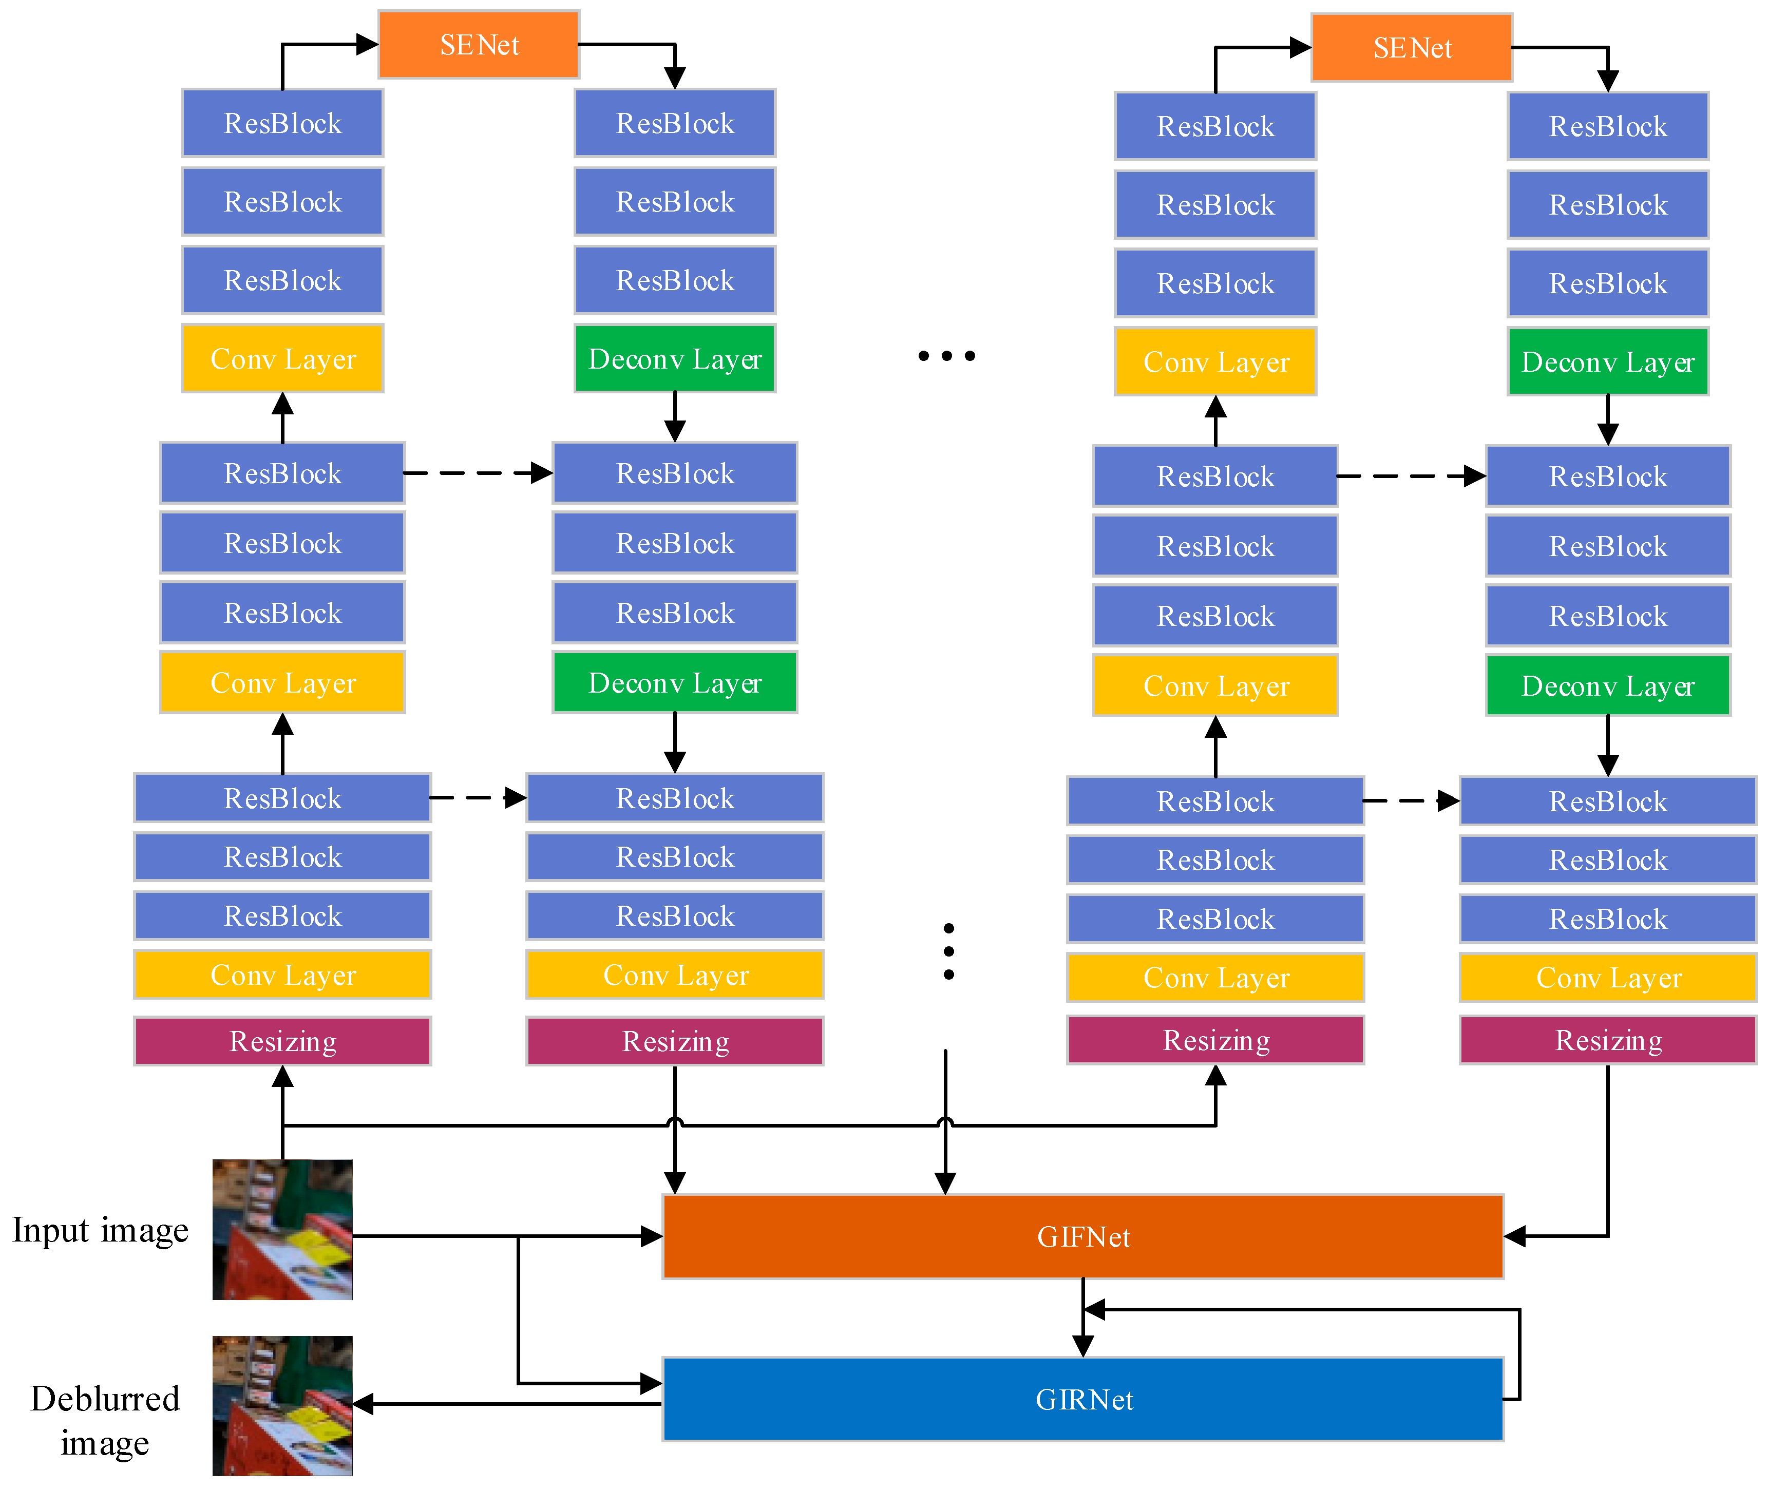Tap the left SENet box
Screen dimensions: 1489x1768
pos(479,45)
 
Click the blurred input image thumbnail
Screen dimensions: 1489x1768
pos(282,1229)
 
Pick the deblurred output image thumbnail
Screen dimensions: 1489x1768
pos(282,1405)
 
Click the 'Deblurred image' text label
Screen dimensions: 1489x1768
pos(105,1421)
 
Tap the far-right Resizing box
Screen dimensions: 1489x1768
pos(1608,1040)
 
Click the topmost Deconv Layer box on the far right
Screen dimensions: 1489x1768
pos(1608,362)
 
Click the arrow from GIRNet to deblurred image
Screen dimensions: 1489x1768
pos(507,1404)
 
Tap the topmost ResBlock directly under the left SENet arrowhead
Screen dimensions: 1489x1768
pos(675,123)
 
